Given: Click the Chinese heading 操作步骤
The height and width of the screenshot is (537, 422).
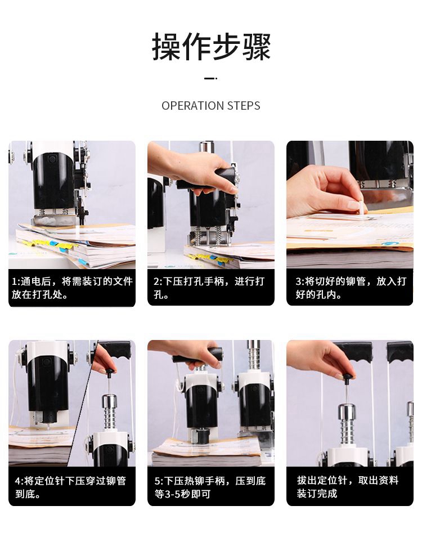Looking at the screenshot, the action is pyautogui.click(x=211, y=47).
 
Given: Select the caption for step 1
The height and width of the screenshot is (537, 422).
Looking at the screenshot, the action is pyautogui.click(x=72, y=288).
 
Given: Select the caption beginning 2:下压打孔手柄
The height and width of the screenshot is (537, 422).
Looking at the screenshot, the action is pyautogui.click(x=209, y=288).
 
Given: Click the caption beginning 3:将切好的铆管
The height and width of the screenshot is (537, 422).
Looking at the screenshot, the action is pyautogui.click(x=351, y=288).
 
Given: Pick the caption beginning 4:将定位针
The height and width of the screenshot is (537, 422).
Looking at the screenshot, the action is pyautogui.click(x=70, y=487).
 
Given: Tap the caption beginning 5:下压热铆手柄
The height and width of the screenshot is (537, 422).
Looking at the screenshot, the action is pyautogui.click(x=210, y=487).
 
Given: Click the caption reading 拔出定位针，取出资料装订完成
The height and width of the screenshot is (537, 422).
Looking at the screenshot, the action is pyautogui.click(x=347, y=487).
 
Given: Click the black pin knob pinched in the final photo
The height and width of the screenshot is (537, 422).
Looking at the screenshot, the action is pyautogui.click(x=348, y=377).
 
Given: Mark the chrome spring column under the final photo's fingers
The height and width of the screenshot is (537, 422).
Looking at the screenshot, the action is pyautogui.click(x=347, y=424).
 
